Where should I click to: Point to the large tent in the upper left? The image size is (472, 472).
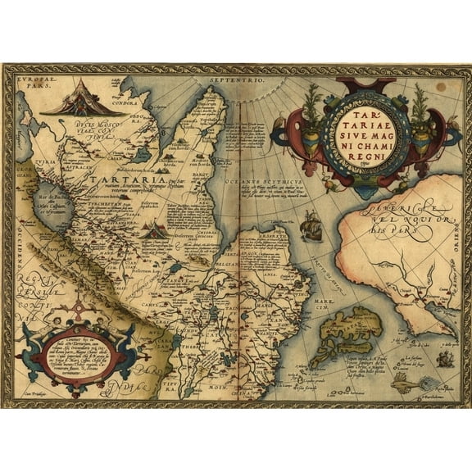(x=70, y=99)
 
